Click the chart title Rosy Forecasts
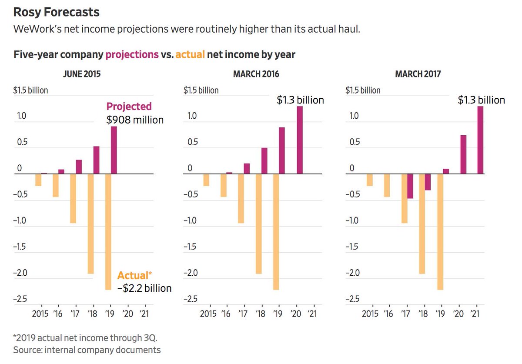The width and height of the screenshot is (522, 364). coord(57,12)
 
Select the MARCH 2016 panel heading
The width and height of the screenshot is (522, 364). coord(256,74)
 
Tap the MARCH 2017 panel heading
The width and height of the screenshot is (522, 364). coord(418,74)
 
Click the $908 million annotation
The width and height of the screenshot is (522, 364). coord(135,120)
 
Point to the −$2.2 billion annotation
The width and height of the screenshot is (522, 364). coord(144,288)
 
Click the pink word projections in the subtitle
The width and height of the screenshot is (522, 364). coord(132,55)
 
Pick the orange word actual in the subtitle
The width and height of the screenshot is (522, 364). coord(190,55)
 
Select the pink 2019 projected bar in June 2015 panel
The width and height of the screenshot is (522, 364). coord(114,150)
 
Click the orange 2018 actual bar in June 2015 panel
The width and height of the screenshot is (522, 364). coord(90,224)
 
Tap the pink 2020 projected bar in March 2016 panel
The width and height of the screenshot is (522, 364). coord(300,140)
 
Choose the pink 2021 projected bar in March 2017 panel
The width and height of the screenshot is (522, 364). coord(480,140)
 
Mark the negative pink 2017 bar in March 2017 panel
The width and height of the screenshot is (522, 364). coord(410,186)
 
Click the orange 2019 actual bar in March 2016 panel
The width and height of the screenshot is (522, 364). coord(276,232)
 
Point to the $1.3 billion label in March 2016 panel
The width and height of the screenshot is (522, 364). coord(300,100)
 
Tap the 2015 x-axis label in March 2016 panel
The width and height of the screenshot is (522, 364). coord(209,314)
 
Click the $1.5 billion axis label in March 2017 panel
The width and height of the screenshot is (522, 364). coord(363,90)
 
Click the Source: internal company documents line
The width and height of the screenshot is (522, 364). coord(87,350)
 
